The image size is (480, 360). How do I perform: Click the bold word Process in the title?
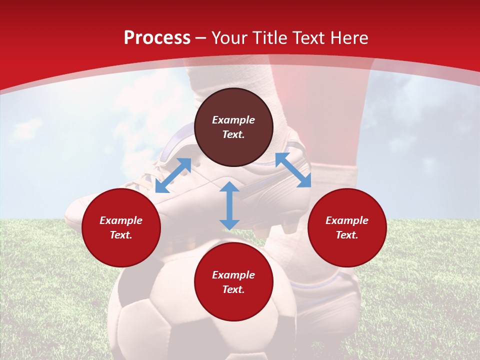coord(157,38)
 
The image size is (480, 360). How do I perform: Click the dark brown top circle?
coord(233,145)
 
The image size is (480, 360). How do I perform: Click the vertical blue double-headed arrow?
coord(229,205)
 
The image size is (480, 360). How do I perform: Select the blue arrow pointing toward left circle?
coord(173,175)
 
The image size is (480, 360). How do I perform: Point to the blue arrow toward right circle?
coord(293,170)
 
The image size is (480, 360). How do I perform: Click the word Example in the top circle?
coord(233,120)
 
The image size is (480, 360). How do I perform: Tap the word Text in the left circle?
coord(121,235)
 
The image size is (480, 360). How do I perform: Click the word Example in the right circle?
coord(347,220)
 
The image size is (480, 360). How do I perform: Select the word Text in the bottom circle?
coord(233,289)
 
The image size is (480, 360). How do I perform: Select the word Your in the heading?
coord(229,38)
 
